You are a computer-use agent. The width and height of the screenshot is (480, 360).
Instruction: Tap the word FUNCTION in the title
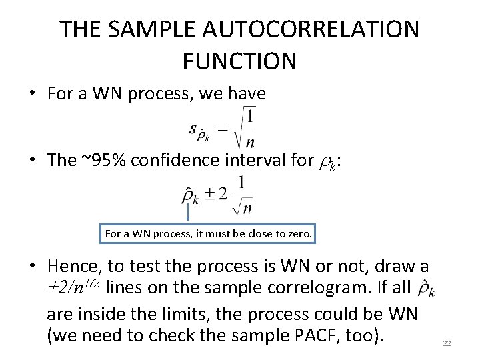point(239,61)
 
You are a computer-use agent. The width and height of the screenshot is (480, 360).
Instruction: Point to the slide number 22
point(447,343)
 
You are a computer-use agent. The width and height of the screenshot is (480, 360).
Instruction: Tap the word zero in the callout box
point(296,234)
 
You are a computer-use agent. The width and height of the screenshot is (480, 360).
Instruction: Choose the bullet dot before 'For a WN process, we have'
point(32,94)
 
